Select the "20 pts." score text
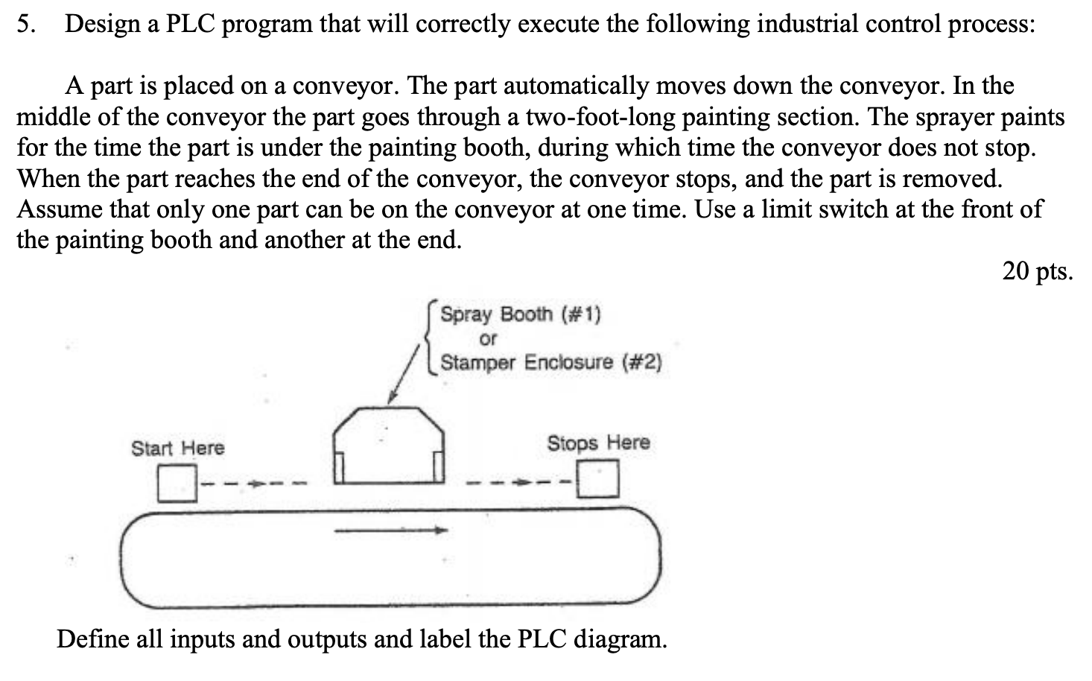pyautogui.click(x=1038, y=270)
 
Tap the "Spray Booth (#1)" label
pyautogui.click(x=520, y=314)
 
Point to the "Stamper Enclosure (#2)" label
pyautogui.click(x=550, y=363)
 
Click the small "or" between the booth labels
pyautogui.click(x=488, y=339)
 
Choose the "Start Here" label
pyautogui.click(x=177, y=448)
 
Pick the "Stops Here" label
pyautogui.click(x=598, y=443)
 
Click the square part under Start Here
pyautogui.click(x=177, y=483)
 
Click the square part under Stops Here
pyautogui.click(x=600, y=478)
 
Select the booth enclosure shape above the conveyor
pyautogui.click(x=389, y=446)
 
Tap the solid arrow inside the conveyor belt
pyautogui.click(x=390, y=530)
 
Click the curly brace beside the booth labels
pyautogui.click(x=431, y=338)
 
